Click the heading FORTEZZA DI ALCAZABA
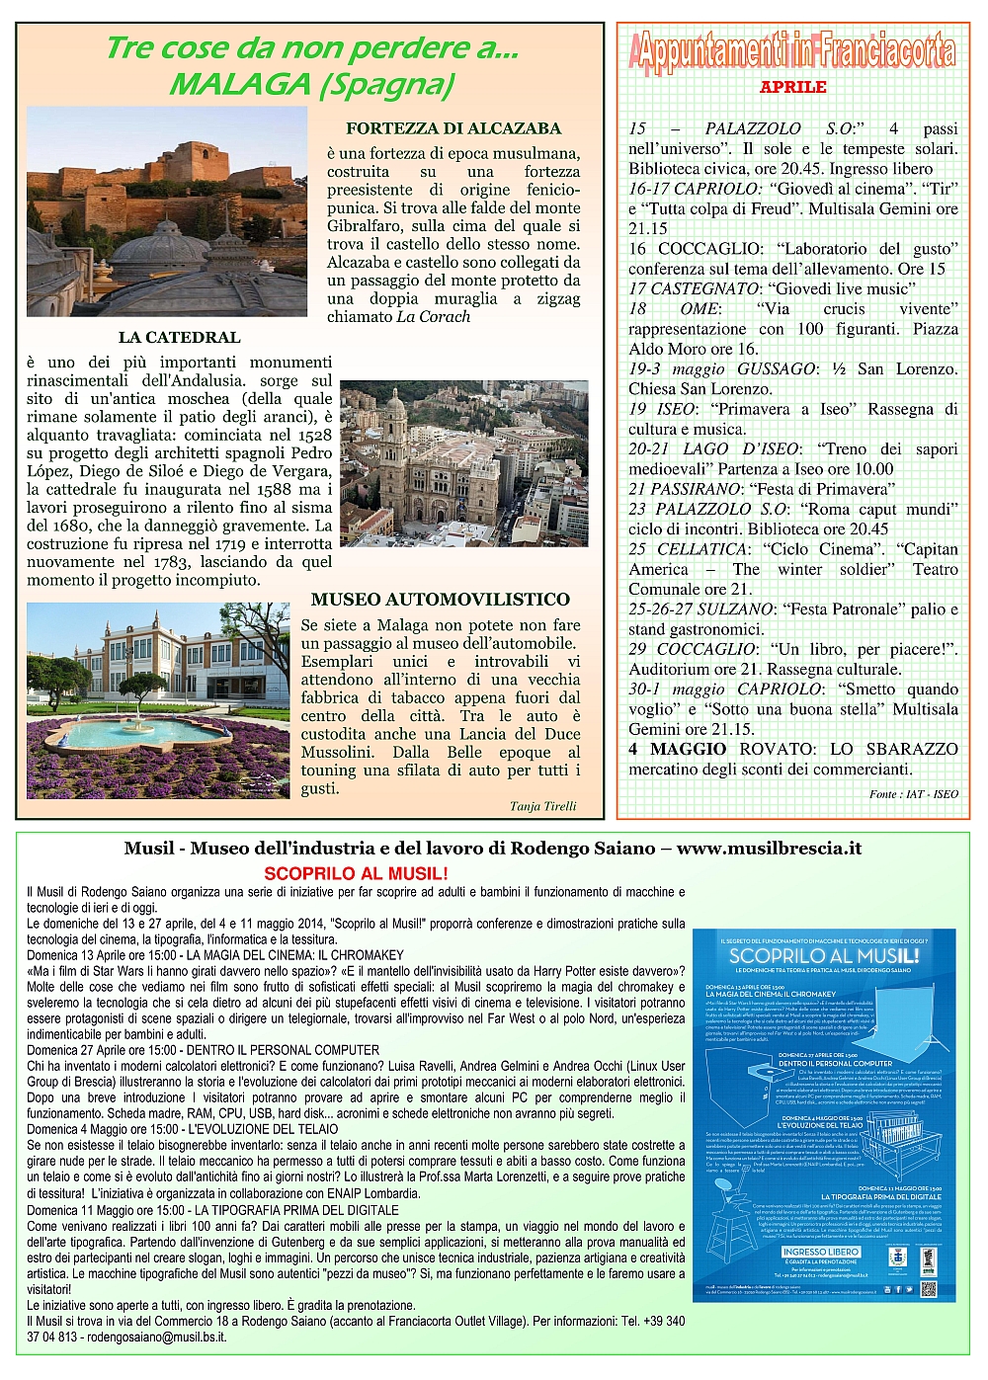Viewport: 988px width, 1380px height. point(453,128)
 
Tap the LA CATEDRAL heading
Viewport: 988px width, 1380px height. point(179,338)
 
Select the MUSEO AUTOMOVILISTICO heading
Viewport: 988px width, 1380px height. point(441,600)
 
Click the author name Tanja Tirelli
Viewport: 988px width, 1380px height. point(542,806)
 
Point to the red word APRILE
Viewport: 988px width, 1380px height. point(792,87)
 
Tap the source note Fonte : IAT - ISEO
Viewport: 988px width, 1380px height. point(914,794)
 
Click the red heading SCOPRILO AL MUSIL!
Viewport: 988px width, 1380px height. point(356,874)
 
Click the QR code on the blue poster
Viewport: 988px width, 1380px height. point(929,1289)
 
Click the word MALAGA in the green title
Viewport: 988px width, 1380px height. point(239,85)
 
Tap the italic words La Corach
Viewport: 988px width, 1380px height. point(433,317)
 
